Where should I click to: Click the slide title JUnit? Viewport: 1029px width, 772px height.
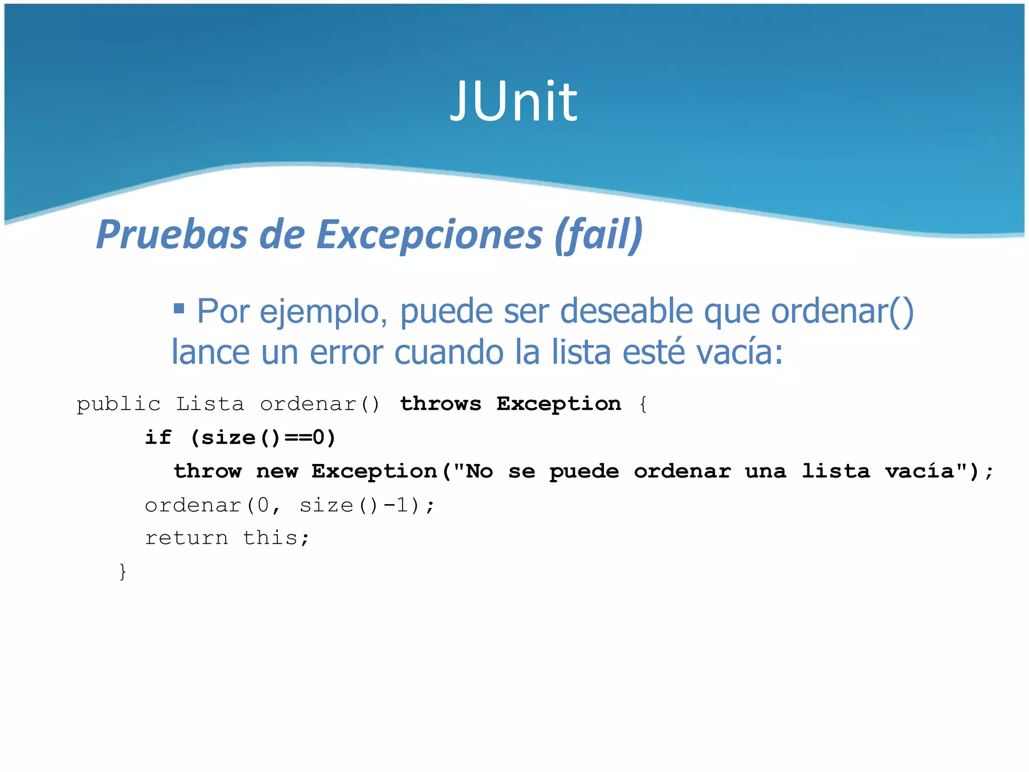(513, 102)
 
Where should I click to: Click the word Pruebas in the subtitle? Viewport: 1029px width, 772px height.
(172, 235)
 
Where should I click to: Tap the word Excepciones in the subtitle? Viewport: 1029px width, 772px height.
(430, 235)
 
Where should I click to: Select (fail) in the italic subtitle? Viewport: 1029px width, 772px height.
(598, 235)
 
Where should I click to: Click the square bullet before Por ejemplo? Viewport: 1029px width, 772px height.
(178, 308)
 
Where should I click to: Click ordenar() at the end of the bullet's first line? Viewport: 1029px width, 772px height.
(842, 312)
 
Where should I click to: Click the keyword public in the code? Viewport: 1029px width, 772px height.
(118, 405)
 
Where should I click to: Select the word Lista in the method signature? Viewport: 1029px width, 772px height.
(210, 404)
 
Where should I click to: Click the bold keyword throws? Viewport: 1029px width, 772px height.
(440, 404)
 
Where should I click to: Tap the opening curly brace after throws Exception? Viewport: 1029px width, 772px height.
(643, 405)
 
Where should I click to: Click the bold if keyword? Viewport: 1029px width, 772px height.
(158, 438)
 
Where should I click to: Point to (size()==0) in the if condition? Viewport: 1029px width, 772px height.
(263, 438)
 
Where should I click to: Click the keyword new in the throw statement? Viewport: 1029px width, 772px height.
(277, 471)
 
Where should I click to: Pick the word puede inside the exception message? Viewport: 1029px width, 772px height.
(584, 472)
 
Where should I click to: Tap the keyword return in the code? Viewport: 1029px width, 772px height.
(186, 538)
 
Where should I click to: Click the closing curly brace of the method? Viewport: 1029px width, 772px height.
(123, 571)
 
